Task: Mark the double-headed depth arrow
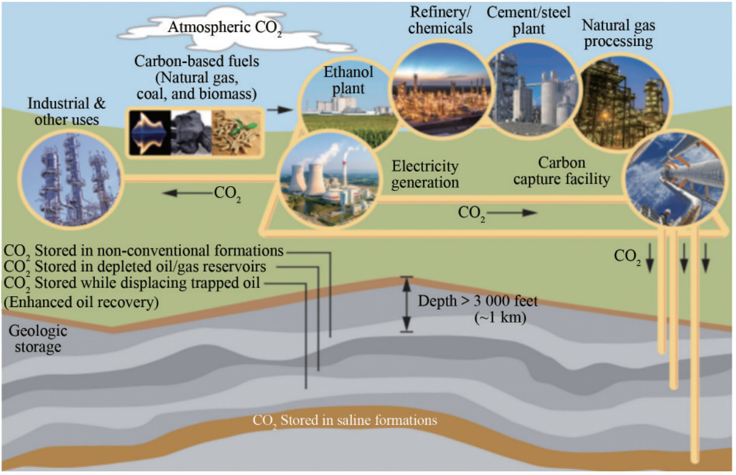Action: tap(407, 305)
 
